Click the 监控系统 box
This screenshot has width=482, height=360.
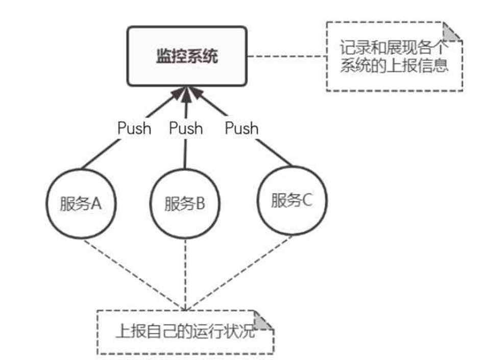point(187,56)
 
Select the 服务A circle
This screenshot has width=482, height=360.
point(81,204)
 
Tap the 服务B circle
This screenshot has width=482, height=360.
point(185,204)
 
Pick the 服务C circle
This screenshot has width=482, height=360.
point(292,200)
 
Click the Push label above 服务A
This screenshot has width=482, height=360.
point(134,128)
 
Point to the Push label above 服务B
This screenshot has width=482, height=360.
point(186,128)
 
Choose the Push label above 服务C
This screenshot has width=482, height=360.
point(242,128)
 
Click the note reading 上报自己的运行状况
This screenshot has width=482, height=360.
point(185,332)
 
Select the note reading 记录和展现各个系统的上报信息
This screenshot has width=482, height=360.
point(394,57)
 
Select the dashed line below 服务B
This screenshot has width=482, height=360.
point(185,273)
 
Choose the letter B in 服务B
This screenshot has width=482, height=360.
point(200,205)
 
